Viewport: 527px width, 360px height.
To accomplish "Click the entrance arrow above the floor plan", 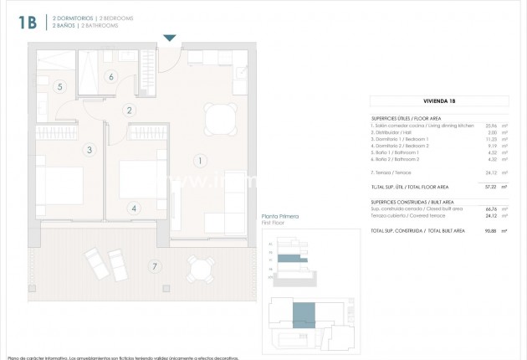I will pyautogui.click(x=170, y=38).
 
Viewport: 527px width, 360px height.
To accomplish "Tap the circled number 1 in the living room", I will pyautogui.click(x=198, y=159).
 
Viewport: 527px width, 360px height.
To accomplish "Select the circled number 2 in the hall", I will pyautogui.click(x=129, y=110).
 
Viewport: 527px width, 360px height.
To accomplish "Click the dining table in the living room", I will pyautogui.click(x=222, y=119).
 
